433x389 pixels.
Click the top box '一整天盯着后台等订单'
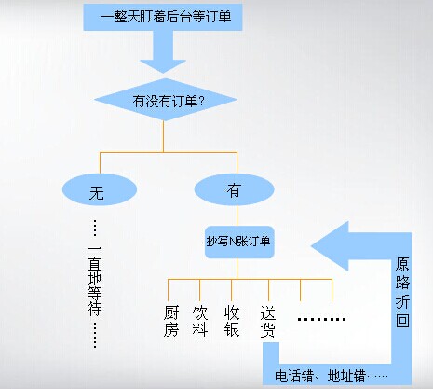(163, 17)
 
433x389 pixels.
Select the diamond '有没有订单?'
(166, 100)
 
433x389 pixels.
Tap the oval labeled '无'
(100, 189)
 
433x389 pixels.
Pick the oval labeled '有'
(235, 189)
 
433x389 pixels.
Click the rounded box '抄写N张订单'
(239, 242)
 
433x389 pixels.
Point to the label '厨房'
(171, 321)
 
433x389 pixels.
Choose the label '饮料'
(199, 321)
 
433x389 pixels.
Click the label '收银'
(232, 321)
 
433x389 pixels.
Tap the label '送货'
(268, 322)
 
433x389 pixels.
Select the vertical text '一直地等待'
(95, 282)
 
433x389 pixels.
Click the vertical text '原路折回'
(402, 292)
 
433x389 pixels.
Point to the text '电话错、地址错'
(319, 376)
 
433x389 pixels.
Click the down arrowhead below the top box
(163, 66)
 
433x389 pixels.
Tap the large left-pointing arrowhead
(331, 246)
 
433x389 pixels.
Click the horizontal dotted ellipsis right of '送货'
(321, 319)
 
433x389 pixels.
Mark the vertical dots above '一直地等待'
(95, 229)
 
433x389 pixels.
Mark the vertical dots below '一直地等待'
(95, 335)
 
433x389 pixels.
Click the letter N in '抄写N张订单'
(232, 242)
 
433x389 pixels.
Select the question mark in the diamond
(201, 101)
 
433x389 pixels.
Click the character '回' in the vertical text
(402, 320)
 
